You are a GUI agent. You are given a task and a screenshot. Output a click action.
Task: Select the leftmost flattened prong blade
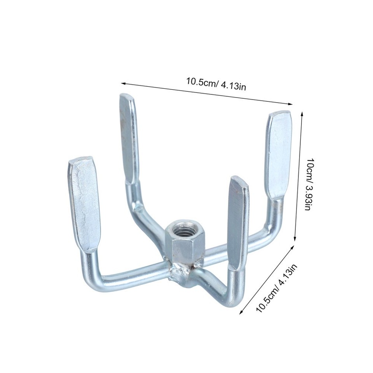pyautogui.click(x=84, y=202)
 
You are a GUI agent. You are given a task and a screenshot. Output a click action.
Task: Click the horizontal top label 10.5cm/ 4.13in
pyautogui.click(x=216, y=84)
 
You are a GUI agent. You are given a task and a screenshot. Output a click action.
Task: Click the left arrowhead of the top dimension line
pyautogui.click(x=123, y=83)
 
